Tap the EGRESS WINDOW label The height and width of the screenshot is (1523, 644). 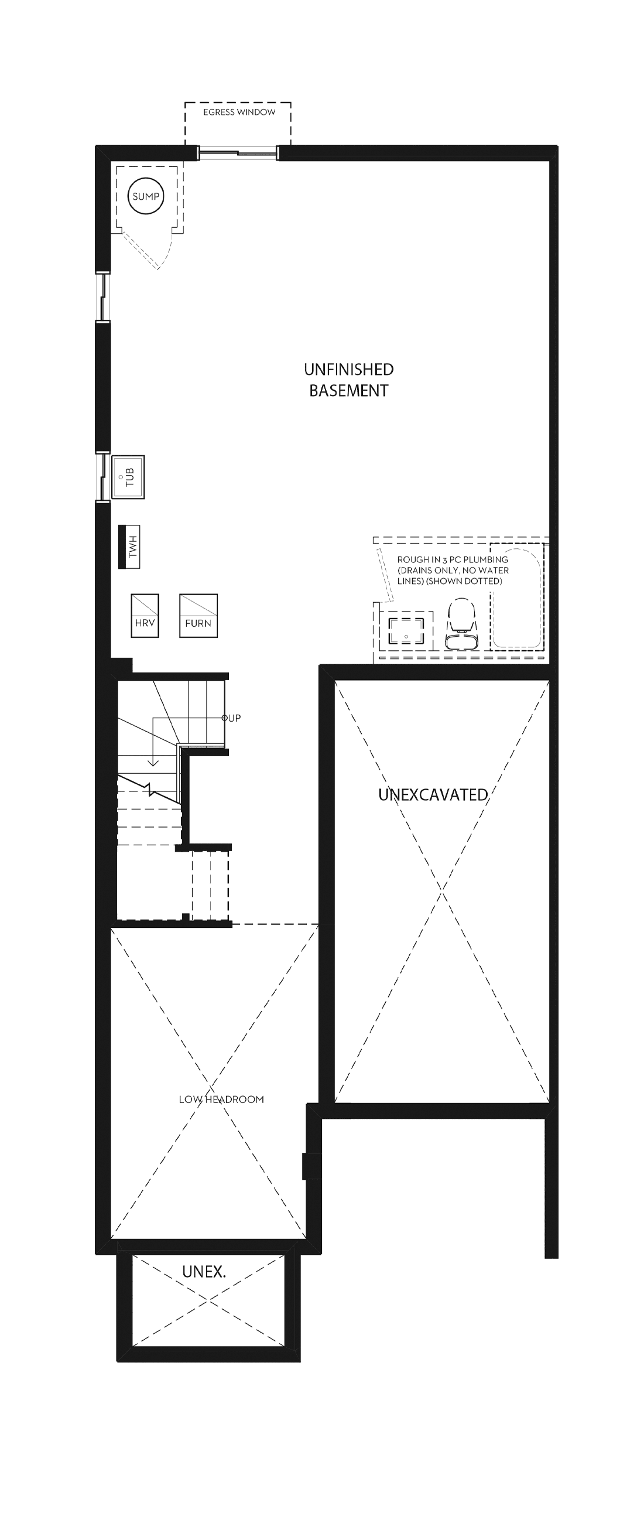[239, 112]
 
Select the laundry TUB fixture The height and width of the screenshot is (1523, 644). [128, 477]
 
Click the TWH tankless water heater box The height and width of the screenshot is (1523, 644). [129, 547]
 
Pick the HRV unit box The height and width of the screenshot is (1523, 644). [145, 616]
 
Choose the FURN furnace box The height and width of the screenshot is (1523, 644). [198, 616]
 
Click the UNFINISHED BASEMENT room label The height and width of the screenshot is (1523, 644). [348, 380]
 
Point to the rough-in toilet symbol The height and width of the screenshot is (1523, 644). [461, 624]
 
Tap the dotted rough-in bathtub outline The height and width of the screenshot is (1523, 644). [516, 595]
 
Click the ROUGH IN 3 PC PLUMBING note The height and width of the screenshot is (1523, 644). [453, 570]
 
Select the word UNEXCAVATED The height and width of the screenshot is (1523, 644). [433, 795]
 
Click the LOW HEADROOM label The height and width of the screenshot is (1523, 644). [221, 1099]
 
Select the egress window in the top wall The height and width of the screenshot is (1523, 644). [238, 153]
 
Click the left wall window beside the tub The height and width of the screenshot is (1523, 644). [104, 477]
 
